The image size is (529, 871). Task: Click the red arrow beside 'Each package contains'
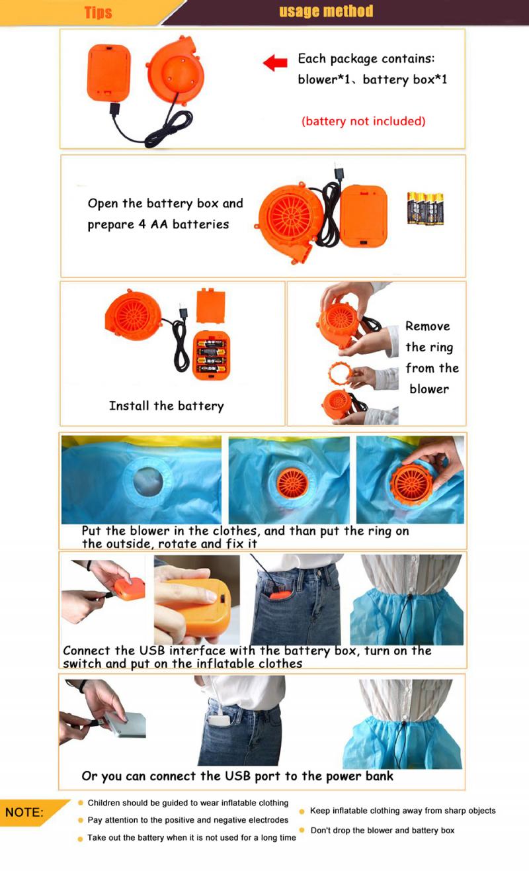[x=275, y=63]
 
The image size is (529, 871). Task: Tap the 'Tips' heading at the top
[x=98, y=13]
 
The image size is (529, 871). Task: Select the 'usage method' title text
[x=326, y=11]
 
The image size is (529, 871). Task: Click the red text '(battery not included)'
[x=363, y=121]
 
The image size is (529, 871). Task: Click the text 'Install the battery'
[x=166, y=406]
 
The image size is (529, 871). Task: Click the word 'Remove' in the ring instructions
[x=427, y=326]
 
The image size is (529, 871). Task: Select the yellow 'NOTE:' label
[x=24, y=812]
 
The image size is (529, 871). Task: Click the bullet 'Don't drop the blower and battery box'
[x=382, y=830]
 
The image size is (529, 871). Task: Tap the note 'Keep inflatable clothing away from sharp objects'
[x=402, y=811]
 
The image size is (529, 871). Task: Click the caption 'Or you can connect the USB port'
[x=237, y=776]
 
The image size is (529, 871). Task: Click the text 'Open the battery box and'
[x=165, y=203]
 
